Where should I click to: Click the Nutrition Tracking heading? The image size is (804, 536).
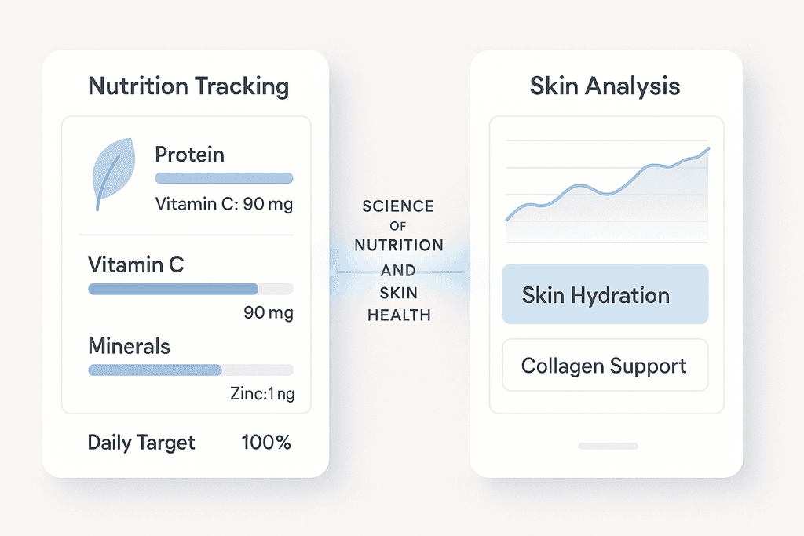click(x=188, y=86)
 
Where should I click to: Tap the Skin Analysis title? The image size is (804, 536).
click(x=605, y=86)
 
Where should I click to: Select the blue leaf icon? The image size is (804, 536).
click(x=113, y=172)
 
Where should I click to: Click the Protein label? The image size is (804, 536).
click(x=190, y=155)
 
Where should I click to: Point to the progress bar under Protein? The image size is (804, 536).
click(x=224, y=178)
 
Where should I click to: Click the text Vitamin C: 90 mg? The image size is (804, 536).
click(x=224, y=204)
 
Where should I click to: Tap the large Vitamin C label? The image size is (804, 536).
click(x=136, y=264)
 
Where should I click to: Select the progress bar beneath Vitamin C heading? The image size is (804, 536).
click(x=191, y=289)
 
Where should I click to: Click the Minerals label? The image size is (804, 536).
click(x=130, y=346)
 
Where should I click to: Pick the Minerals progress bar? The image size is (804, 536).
click(x=191, y=370)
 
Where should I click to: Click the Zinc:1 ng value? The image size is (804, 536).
click(x=262, y=393)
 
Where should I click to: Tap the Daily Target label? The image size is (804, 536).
click(x=141, y=443)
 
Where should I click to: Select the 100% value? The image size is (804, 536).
click(x=266, y=443)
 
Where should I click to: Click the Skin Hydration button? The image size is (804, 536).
click(x=605, y=294)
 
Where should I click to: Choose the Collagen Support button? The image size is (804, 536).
click(x=605, y=365)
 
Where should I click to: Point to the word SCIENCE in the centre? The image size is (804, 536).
click(x=398, y=206)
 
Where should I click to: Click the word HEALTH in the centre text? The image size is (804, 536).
click(x=399, y=315)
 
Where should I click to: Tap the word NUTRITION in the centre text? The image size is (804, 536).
click(x=399, y=245)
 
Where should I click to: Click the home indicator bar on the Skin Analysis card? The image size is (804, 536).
click(x=608, y=447)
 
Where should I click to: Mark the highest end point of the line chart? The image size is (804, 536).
click(x=709, y=148)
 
